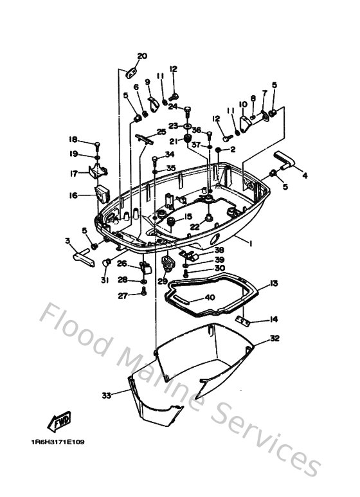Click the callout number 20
(x=142, y=56)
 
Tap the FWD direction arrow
(x=60, y=422)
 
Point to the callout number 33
(x=106, y=394)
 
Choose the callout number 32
(x=274, y=338)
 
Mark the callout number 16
(x=73, y=195)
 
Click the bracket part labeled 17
(x=98, y=172)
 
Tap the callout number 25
(x=161, y=132)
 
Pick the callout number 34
(x=169, y=154)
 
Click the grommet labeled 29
(x=168, y=264)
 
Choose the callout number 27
(x=123, y=296)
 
